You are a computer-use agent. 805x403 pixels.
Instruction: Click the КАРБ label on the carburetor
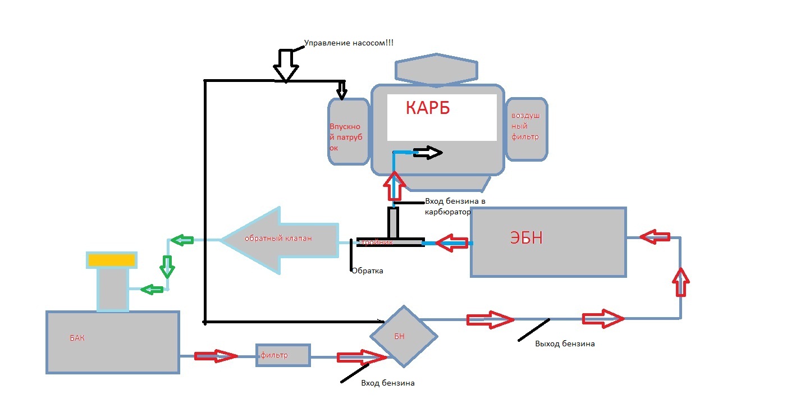[x=428, y=108]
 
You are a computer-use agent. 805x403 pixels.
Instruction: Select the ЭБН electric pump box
[x=548, y=241]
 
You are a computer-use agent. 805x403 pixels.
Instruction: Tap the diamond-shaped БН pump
[x=403, y=336]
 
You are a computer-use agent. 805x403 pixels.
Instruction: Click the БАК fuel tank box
[x=112, y=342]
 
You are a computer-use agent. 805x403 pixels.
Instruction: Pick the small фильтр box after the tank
[x=283, y=355]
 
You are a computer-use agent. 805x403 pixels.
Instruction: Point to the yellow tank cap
[x=111, y=260]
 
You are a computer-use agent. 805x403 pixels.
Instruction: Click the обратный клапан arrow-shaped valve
[x=279, y=240]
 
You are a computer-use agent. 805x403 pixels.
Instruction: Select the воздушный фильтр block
[x=527, y=129]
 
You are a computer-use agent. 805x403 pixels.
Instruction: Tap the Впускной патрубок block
[x=348, y=132]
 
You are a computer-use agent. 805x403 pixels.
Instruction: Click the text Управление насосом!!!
[x=349, y=43]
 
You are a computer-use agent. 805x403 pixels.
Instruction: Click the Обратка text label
[x=367, y=271]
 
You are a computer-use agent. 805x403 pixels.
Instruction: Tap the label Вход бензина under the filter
[x=388, y=383]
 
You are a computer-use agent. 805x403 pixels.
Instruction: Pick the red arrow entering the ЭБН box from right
[x=655, y=238]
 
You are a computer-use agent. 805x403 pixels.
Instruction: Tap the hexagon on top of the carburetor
[x=437, y=70]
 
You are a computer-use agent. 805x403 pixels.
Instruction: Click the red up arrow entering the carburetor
[x=395, y=185]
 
